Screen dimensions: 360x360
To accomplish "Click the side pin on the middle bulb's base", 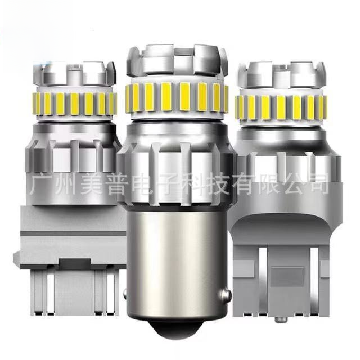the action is click(226, 294).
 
